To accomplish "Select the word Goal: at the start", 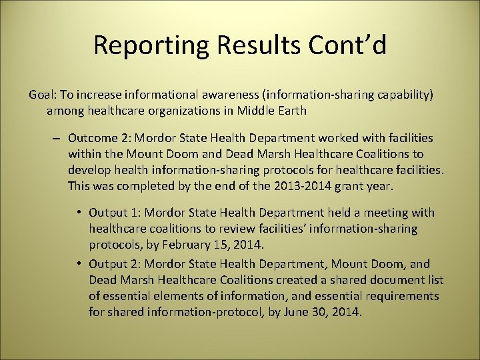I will pos(43,95).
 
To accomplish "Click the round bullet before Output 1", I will pos(79,213).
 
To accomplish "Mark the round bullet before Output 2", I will pos(79,263).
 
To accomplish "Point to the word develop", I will pos(88,170).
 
